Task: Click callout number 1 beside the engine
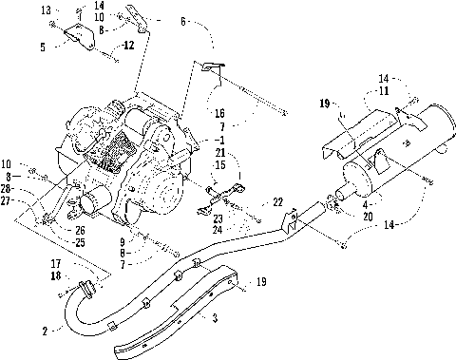[x=221, y=140]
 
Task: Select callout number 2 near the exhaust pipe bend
[x=45, y=332]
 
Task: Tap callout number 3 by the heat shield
[x=215, y=317]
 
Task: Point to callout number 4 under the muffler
[x=366, y=204]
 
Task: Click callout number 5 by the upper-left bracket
[x=43, y=47]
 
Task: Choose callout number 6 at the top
[x=183, y=21]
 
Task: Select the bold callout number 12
[x=128, y=46]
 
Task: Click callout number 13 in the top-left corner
[x=46, y=10]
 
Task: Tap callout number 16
[x=219, y=113]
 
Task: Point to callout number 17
[x=56, y=263]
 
